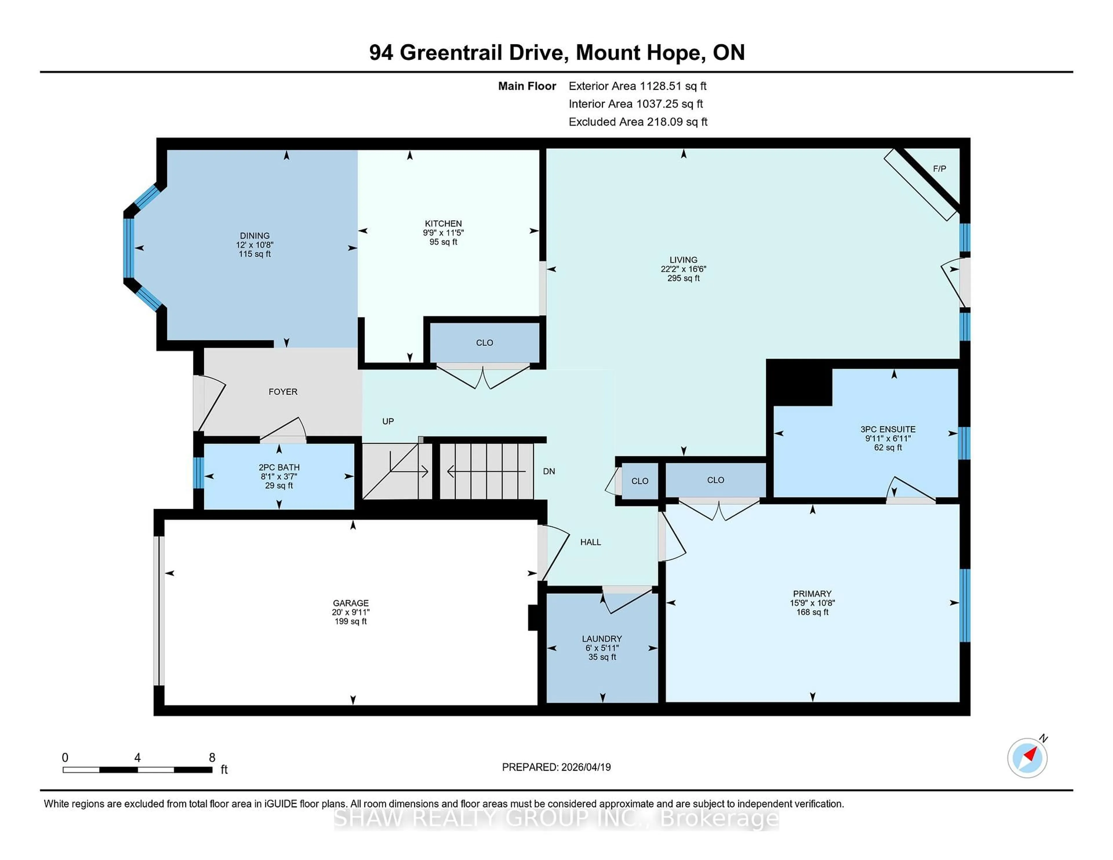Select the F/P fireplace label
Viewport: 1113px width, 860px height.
pyautogui.click(x=939, y=169)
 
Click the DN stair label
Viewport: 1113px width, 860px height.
pyautogui.click(x=549, y=471)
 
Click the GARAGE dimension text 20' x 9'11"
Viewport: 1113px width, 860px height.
pyautogui.click(x=351, y=612)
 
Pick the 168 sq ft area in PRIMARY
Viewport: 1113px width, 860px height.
pyautogui.click(x=812, y=612)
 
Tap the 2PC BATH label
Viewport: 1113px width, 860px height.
pyautogui.click(x=279, y=467)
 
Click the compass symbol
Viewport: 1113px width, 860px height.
pyautogui.click(x=1027, y=758)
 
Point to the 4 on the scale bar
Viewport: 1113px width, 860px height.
pyautogui.click(x=137, y=758)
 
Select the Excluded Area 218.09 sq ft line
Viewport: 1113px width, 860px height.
pyautogui.click(x=638, y=122)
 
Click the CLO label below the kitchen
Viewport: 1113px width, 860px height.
pyautogui.click(x=484, y=343)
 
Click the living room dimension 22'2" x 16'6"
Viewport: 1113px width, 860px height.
pyautogui.click(x=683, y=269)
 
